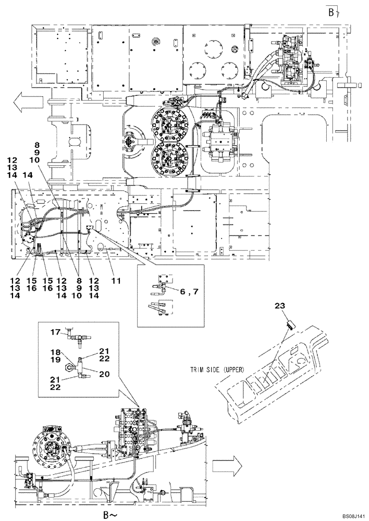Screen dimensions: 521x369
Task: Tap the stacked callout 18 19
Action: point(55,356)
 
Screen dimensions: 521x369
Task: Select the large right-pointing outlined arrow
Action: point(233,461)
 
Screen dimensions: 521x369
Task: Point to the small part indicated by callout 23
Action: point(291,325)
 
